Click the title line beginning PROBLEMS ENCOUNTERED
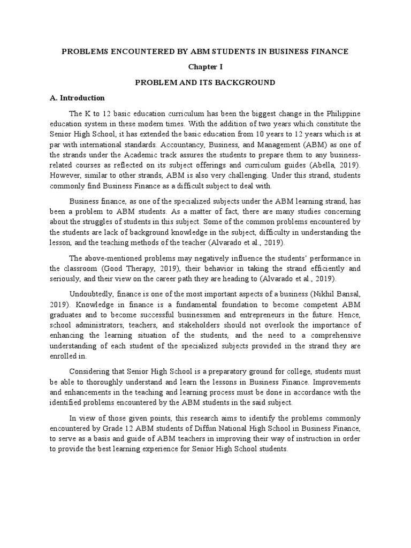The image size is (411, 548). pyautogui.click(x=205, y=51)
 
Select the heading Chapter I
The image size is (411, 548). pyautogui.click(x=205, y=67)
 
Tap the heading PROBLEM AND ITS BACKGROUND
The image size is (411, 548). pyautogui.click(x=205, y=82)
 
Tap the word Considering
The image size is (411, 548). pyautogui.click(x=92, y=371)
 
